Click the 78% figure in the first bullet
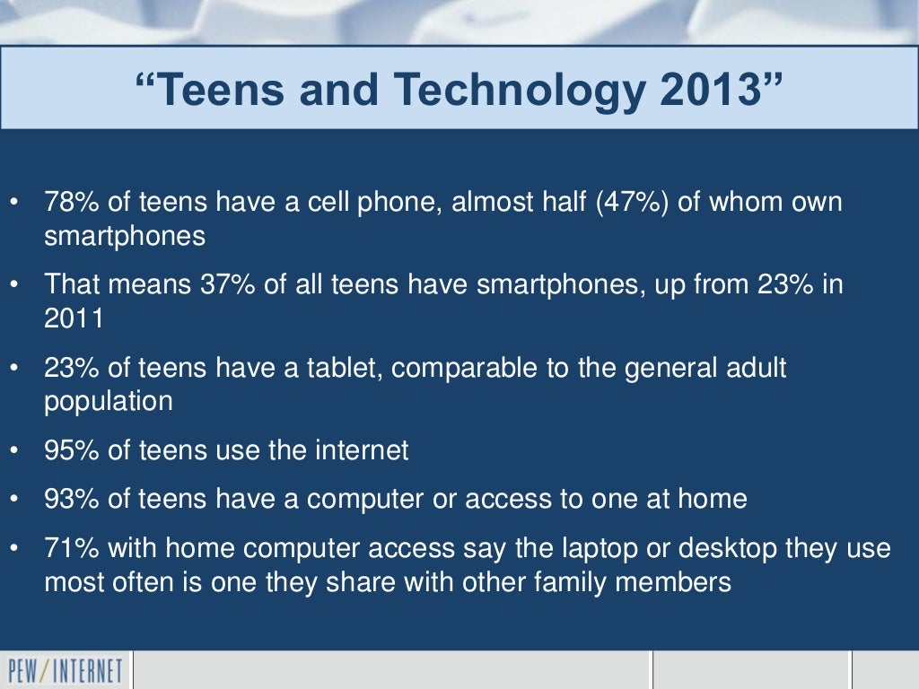pos(73,203)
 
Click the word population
pos(109,401)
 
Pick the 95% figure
pos(73,450)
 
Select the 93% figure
pos(73,499)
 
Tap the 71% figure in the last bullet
pos(73,549)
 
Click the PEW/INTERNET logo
pos(65,671)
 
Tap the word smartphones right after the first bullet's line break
pos(125,236)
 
